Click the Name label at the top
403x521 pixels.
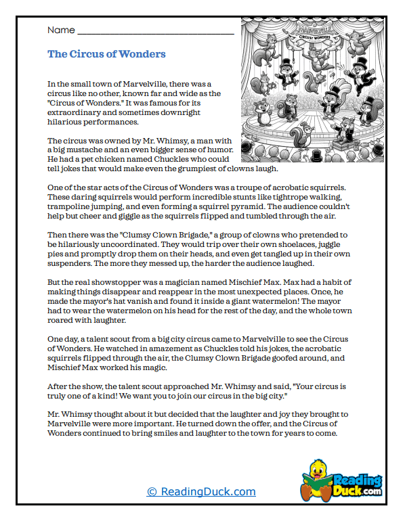(60, 30)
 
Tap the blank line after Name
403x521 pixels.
(156, 31)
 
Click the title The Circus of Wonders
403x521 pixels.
(106, 54)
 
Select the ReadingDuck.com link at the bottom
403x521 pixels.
(201, 492)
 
